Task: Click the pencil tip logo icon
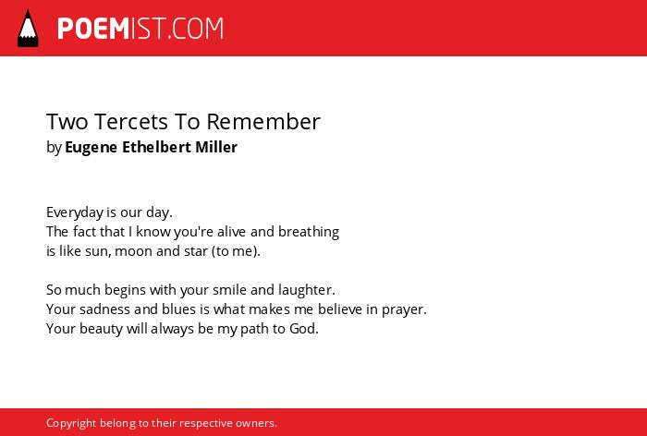(x=28, y=28)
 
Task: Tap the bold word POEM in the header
(x=93, y=29)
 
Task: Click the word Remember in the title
(x=263, y=121)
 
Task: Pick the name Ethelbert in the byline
(x=156, y=147)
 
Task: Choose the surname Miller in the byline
(x=216, y=147)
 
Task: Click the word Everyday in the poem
(x=75, y=212)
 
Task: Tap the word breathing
(x=309, y=232)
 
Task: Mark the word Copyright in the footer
(x=71, y=423)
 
